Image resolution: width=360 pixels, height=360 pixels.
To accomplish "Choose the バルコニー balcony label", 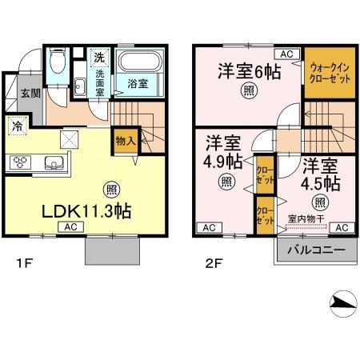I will tap(316, 250).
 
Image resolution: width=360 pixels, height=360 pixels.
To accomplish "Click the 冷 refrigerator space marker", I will tap(18, 126).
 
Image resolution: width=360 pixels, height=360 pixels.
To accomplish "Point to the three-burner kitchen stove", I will tap(20, 163).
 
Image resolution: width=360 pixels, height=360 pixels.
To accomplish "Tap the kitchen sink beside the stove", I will tap(54, 164).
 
